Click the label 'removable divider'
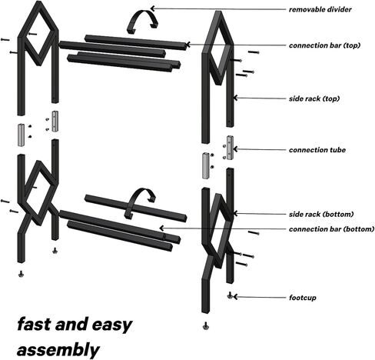320,9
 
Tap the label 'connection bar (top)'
324,45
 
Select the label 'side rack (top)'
314,98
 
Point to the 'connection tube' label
317,150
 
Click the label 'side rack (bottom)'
321,214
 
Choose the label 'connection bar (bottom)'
332,229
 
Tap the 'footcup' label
303,298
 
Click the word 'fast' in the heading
33,324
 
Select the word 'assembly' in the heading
58,350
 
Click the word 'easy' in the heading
112,325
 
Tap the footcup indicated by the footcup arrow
230,295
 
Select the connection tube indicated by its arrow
231,148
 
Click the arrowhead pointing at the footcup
235,297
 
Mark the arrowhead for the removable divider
152,8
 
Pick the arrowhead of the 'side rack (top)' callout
236,98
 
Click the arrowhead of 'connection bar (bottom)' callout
161,228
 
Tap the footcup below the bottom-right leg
205,325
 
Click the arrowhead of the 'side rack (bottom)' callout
236,213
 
